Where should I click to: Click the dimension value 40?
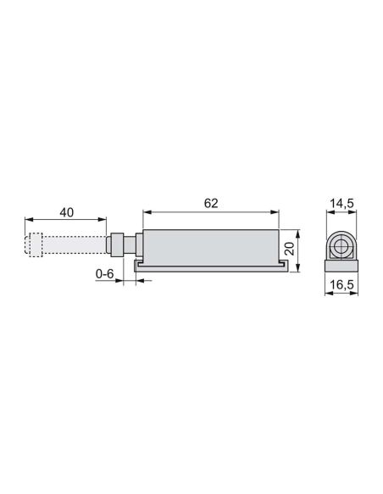point(67,212)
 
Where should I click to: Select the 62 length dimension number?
point(211,203)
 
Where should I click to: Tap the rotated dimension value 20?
point(289,248)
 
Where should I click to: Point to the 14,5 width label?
point(341,204)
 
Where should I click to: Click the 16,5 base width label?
point(342,285)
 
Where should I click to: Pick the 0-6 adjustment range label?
point(104,274)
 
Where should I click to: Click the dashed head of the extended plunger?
point(33,244)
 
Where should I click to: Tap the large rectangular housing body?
point(211,248)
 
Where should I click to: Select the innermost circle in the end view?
point(340,246)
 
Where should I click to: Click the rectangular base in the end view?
point(341,266)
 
